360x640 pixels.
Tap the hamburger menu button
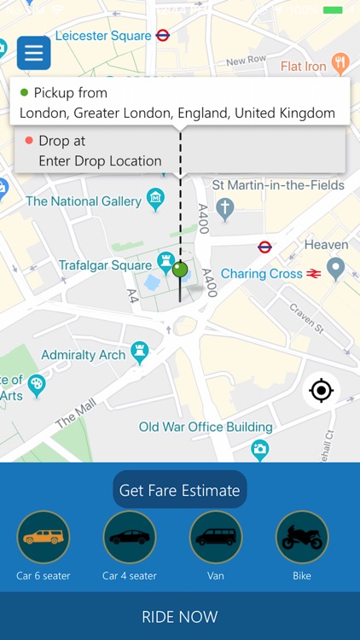[34, 53]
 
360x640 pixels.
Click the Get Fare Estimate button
[180, 490]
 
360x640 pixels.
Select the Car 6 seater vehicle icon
[44, 537]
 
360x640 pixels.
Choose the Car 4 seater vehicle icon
[130, 537]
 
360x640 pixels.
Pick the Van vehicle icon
[216, 537]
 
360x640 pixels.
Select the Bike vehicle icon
[302, 537]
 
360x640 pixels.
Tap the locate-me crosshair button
[321, 391]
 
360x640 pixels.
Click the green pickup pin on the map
[180, 271]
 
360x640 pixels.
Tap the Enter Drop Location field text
[100, 160]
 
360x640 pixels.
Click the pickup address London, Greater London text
[177, 113]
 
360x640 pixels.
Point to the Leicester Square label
[103, 36]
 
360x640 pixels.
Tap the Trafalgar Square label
[105, 265]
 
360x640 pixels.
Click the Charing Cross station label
[262, 274]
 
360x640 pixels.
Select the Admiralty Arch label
[84, 355]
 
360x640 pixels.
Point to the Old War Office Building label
[206, 427]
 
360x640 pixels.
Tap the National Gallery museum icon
[155, 201]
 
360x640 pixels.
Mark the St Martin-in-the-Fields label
[278, 185]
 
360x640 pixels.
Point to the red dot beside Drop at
[29, 141]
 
